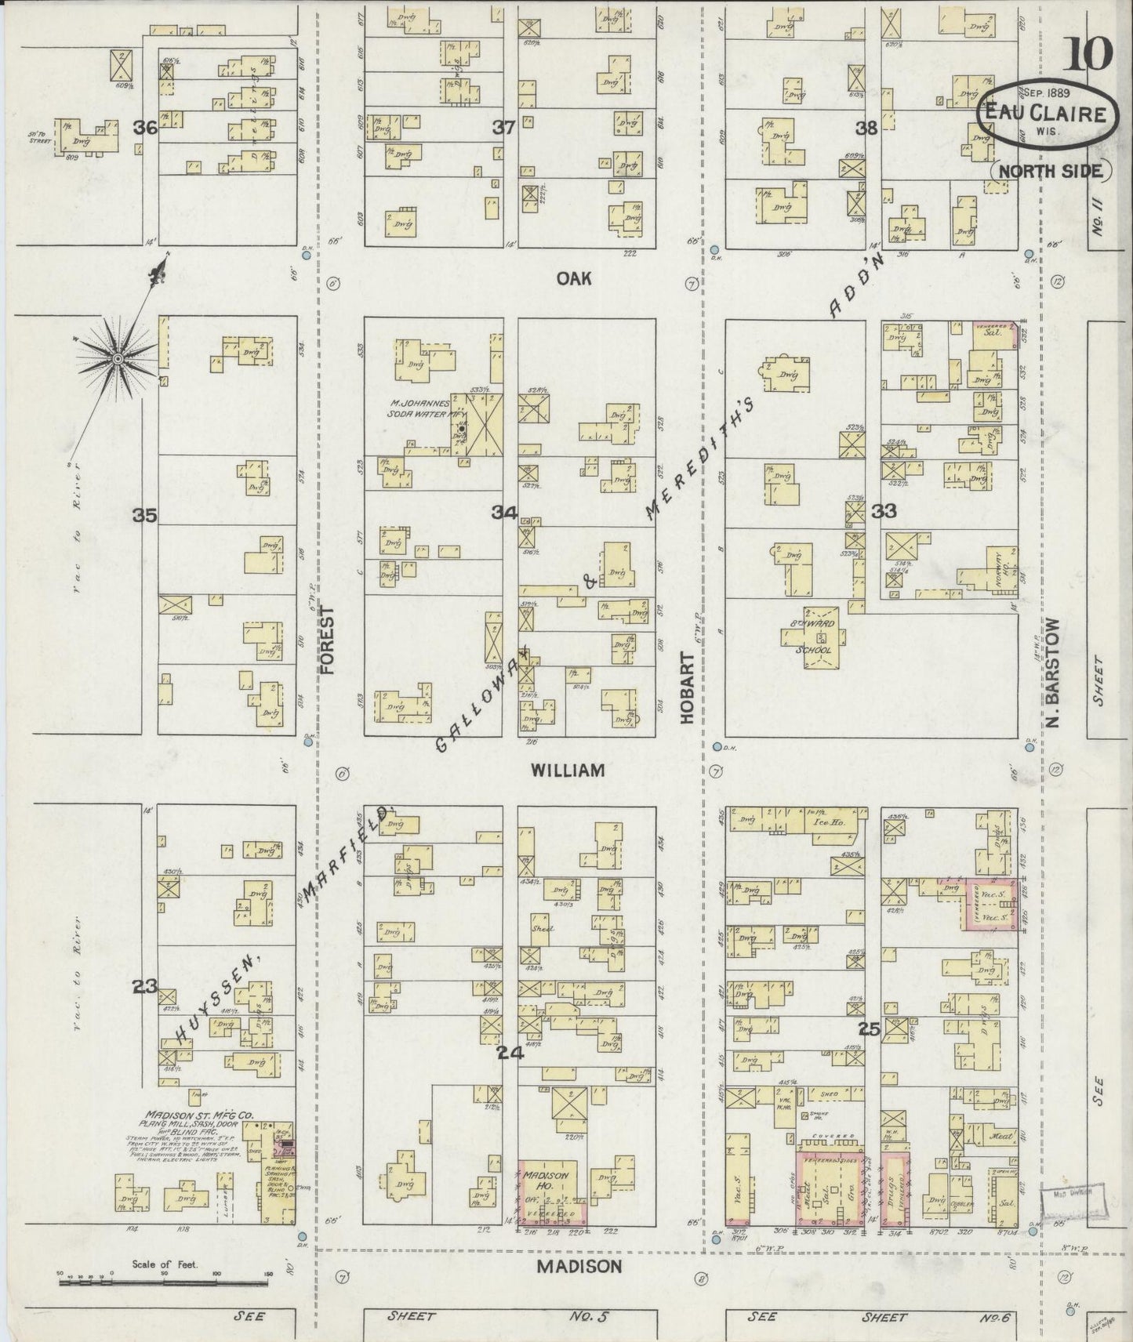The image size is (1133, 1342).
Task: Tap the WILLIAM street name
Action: coord(568,771)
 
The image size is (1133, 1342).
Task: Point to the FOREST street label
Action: coord(327,641)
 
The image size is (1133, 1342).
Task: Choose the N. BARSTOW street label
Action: coord(1054,672)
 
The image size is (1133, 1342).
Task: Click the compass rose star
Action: coord(118,358)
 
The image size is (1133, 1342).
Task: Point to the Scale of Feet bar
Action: coord(165,1284)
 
